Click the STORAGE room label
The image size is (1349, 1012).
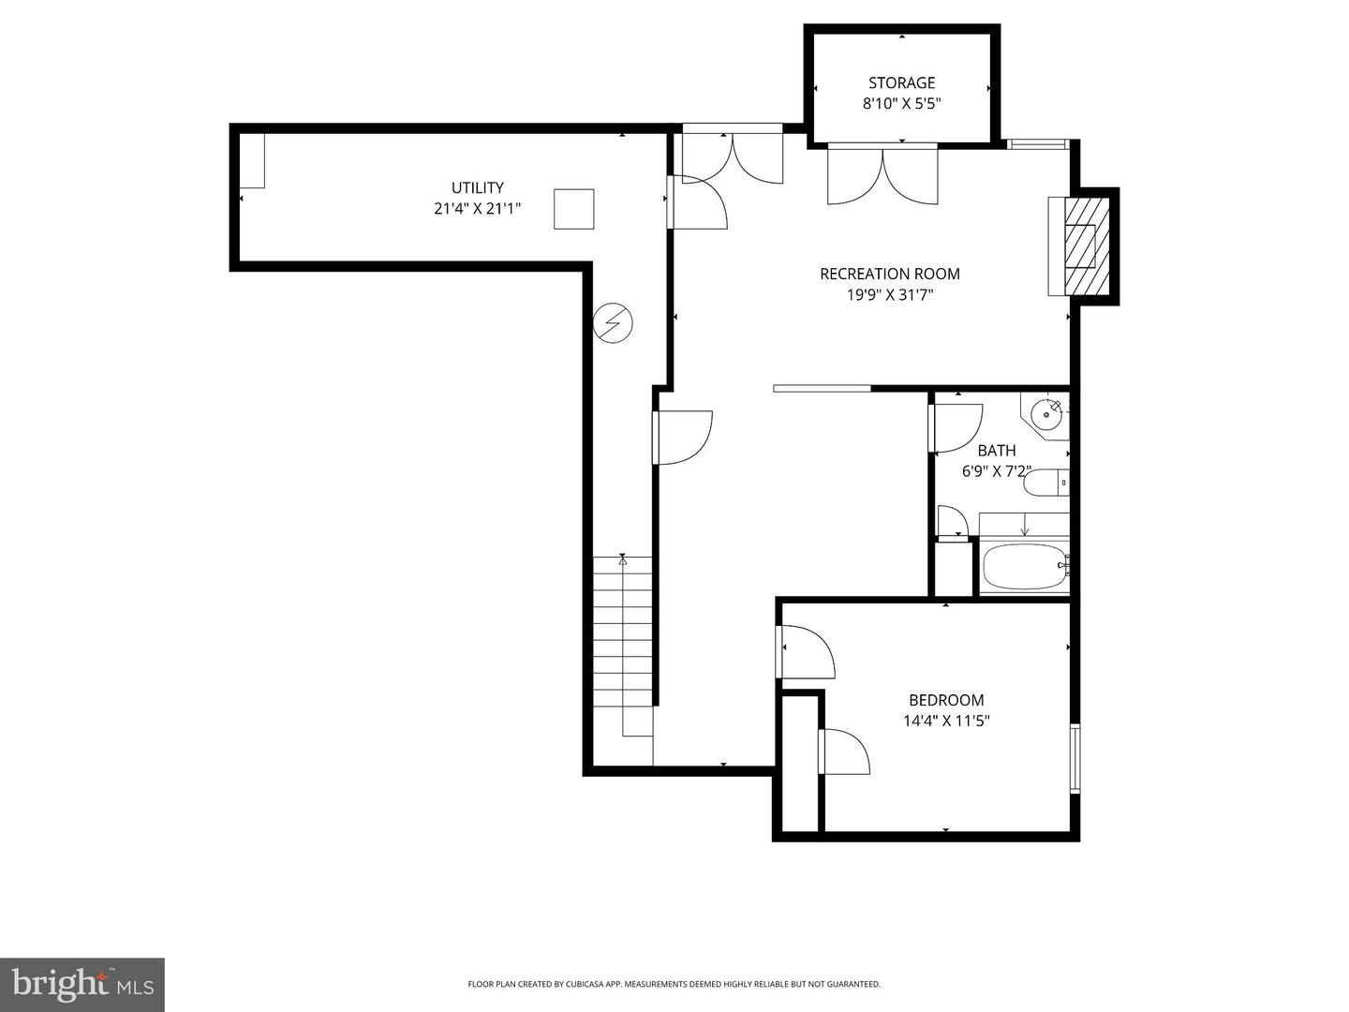point(901,82)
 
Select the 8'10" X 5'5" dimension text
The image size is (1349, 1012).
point(901,104)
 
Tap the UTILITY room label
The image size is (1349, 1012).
point(477,187)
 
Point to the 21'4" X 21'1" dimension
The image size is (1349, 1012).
point(477,209)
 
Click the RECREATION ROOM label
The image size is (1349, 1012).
point(889,274)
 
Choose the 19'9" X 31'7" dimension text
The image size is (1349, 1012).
point(889,295)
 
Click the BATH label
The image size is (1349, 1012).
point(996,451)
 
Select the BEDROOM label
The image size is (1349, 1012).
point(946,700)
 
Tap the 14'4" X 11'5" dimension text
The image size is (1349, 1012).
point(946,722)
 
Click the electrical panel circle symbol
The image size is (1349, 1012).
point(614,324)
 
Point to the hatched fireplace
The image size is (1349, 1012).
point(1089,246)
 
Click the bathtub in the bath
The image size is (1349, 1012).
point(1024,566)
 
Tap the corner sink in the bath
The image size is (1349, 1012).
point(1045,413)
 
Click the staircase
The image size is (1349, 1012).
point(623,647)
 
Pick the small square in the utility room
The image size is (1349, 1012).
point(573,209)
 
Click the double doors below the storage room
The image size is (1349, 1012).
point(882,175)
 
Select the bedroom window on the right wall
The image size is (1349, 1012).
point(1075,758)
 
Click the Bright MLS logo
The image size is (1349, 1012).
point(82,984)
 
